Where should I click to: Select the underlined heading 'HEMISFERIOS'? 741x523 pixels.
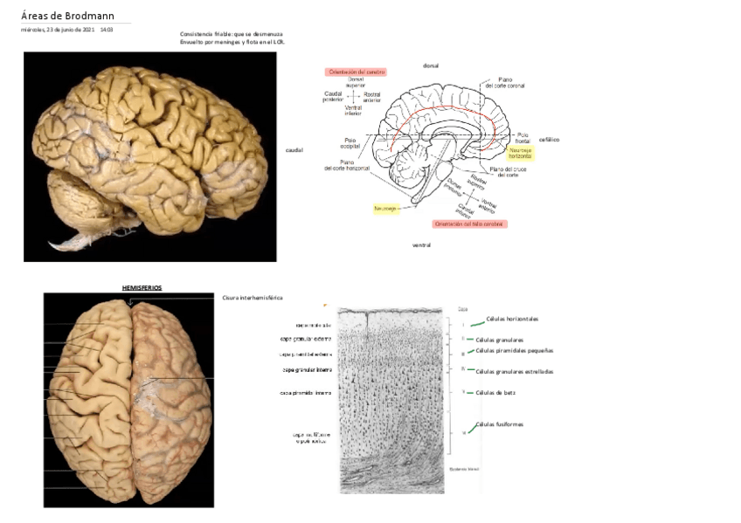coord(142,287)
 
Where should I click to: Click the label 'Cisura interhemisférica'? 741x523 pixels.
coord(253,298)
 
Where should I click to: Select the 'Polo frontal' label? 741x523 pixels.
coord(523,137)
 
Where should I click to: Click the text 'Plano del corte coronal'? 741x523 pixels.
coord(504,81)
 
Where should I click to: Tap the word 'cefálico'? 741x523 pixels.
coord(549,140)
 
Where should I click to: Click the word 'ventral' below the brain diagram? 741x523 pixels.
coord(422,245)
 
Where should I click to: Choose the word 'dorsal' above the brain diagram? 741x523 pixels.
coord(430,65)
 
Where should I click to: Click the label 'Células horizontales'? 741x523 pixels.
coord(512,319)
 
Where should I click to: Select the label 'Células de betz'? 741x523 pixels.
coord(495,392)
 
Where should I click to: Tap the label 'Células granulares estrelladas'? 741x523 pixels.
coord(514,371)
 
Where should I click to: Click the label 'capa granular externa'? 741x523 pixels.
coord(306,339)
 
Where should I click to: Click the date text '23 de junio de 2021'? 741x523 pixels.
coord(71,30)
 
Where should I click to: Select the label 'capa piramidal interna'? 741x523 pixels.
coord(305,393)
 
